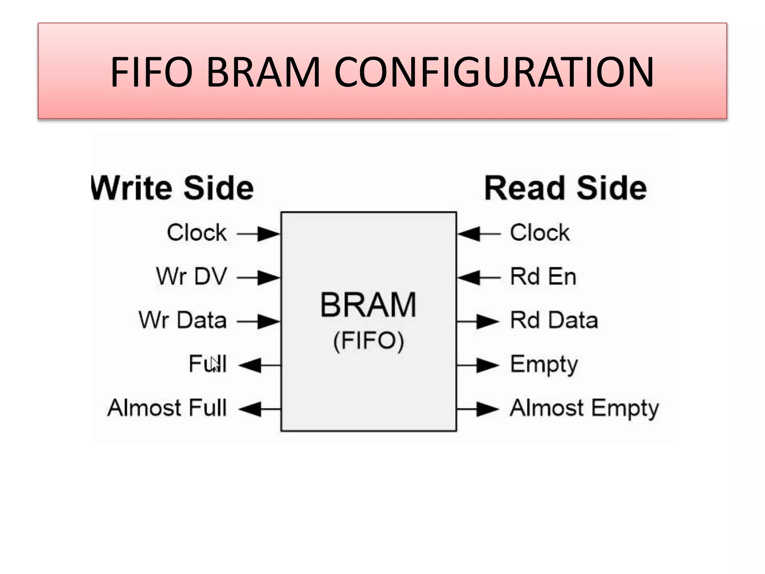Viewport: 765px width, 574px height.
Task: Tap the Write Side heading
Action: tap(173, 188)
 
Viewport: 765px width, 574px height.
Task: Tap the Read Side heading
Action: tap(565, 188)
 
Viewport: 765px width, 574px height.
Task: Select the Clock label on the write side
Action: tap(196, 233)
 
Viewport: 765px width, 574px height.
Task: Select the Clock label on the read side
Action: tap(539, 233)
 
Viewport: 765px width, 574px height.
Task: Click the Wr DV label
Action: tap(191, 277)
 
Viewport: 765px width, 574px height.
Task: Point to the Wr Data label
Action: tap(183, 320)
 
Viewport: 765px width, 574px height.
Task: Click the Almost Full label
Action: tap(167, 408)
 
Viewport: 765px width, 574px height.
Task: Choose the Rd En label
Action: tap(543, 277)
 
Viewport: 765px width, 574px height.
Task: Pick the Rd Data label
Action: tap(554, 320)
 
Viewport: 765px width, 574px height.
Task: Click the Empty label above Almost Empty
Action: tap(544, 365)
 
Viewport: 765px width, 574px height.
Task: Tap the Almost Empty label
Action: tap(584, 408)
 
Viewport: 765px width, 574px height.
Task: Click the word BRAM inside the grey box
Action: tap(368, 305)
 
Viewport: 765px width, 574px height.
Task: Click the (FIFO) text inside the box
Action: tap(368, 341)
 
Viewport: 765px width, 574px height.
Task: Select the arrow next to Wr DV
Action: tap(258, 278)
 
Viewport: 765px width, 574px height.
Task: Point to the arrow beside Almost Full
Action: tap(259, 409)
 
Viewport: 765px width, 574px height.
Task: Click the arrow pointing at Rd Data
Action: tap(478, 321)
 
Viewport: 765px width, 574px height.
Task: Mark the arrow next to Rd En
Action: tap(478, 278)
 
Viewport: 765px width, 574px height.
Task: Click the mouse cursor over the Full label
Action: tap(214, 364)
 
